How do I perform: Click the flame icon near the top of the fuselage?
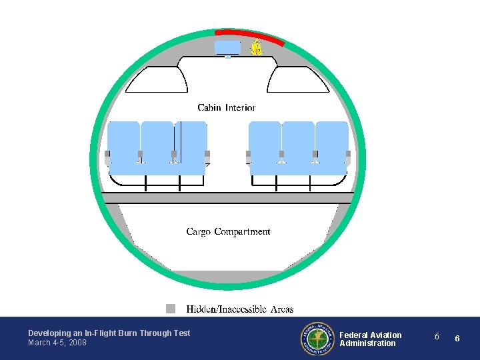pyautogui.click(x=256, y=48)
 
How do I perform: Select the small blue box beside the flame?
pyautogui.click(x=227, y=47)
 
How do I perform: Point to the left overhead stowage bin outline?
pyautogui.click(x=157, y=80)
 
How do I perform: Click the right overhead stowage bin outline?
pyautogui.click(x=297, y=80)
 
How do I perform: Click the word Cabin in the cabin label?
pyautogui.click(x=210, y=107)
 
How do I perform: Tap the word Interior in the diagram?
pyautogui.click(x=241, y=107)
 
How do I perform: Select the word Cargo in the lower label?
pyautogui.click(x=199, y=232)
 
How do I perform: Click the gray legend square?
pyautogui.click(x=171, y=309)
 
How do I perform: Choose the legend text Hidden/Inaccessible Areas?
pyautogui.click(x=240, y=309)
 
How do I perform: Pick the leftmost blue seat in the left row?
pyautogui.click(x=123, y=143)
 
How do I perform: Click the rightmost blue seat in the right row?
pyautogui.click(x=331, y=143)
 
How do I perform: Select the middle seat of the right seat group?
pyautogui.click(x=298, y=143)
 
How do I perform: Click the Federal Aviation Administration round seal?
pyautogui.click(x=315, y=339)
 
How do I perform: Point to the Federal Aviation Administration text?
pyautogui.click(x=371, y=339)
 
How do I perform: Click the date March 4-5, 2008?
pyautogui.click(x=57, y=343)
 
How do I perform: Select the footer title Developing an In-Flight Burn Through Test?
pyautogui.click(x=109, y=333)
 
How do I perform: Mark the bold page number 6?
pyautogui.click(x=457, y=339)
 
